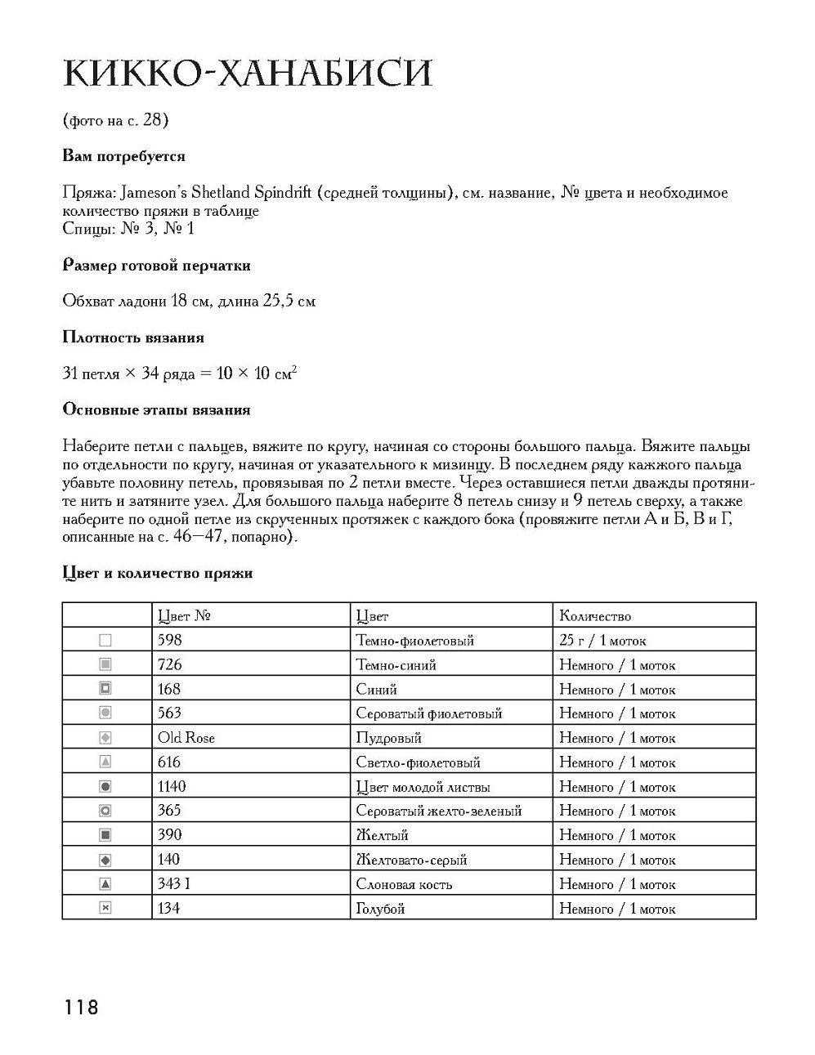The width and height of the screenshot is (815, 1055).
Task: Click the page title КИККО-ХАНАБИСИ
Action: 247,73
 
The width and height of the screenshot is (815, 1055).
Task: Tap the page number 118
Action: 81,1007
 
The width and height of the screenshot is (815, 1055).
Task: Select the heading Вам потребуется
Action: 123,156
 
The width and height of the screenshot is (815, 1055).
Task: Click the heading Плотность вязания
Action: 133,338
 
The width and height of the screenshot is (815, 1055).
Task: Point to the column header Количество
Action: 595,616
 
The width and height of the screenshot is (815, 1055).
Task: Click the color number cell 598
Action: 170,640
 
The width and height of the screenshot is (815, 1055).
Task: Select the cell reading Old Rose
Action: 186,738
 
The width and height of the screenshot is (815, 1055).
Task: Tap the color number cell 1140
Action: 172,786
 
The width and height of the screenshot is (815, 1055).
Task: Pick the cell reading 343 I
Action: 174,883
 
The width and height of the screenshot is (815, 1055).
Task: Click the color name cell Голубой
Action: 380,908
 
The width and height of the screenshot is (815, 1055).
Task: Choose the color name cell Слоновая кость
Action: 404,883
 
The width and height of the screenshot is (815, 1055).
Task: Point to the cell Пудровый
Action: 388,738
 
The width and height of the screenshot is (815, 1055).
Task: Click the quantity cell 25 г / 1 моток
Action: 602,640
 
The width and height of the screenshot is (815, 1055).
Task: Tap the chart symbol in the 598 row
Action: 105,641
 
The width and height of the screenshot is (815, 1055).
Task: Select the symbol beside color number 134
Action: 105,908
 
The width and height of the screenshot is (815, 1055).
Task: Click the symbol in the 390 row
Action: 105,835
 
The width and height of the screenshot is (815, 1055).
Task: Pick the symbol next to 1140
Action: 105,786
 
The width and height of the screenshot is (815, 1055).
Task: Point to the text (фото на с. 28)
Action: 115,120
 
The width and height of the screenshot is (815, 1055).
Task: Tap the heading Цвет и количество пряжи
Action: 157,573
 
